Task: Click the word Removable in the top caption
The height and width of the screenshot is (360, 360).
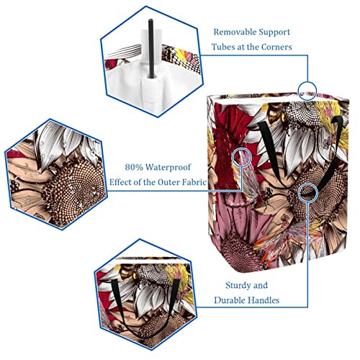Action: point(233,32)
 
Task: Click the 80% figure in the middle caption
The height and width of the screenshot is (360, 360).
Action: point(134,167)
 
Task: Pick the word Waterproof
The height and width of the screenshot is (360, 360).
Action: point(168,168)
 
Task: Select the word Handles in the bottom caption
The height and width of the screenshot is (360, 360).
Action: point(264,300)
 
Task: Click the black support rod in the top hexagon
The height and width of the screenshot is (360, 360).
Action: point(151,48)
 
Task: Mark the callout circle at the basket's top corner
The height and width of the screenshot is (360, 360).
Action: point(307,81)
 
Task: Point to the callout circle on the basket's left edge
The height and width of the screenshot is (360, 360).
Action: point(242,148)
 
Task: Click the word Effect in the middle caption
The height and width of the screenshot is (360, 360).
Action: point(120,182)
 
